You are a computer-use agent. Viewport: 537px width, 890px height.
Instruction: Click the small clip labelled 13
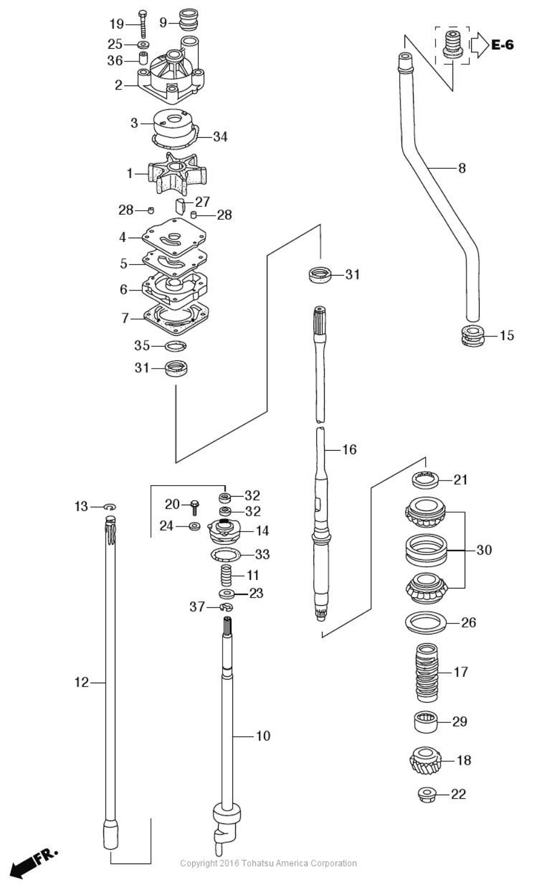tap(110, 506)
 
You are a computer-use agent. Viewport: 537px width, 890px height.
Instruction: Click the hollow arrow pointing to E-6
tap(478, 44)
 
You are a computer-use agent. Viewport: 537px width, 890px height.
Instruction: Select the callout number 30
tap(484, 550)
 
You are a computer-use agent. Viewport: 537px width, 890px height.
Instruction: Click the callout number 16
tap(349, 449)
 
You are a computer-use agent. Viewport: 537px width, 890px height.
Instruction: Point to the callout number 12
tap(81, 682)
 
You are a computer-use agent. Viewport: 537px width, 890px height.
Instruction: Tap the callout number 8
tap(462, 168)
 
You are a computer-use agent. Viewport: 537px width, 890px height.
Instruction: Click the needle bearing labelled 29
tap(426, 722)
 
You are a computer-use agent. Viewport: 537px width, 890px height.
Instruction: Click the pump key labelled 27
tap(180, 206)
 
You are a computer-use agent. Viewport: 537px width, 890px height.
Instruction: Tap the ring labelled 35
tap(176, 346)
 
